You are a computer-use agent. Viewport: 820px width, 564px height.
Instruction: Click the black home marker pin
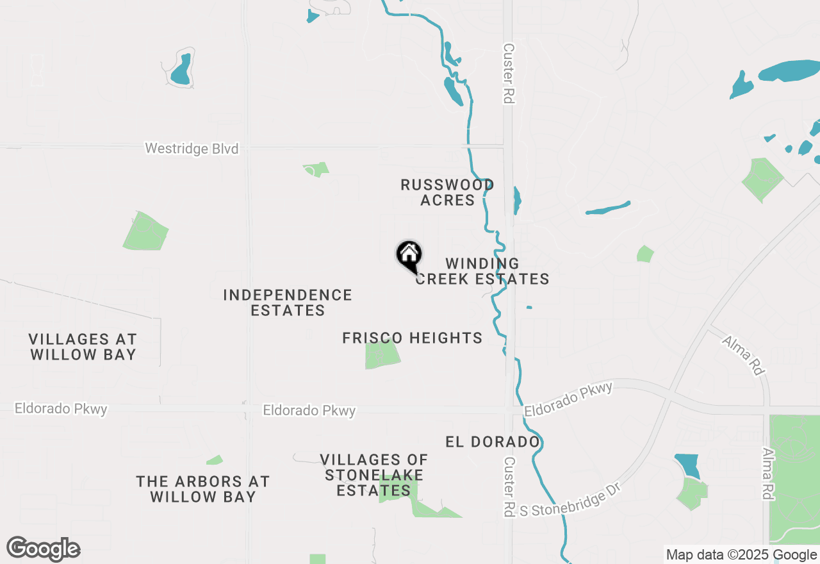click(409, 256)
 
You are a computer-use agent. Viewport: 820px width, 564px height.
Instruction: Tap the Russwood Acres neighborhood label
click(447, 192)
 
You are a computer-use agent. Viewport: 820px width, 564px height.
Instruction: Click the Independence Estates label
click(288, 303)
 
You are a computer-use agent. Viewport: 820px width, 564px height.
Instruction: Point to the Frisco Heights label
click(412, 338)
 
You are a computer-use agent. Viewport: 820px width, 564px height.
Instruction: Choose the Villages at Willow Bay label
click(83, 346)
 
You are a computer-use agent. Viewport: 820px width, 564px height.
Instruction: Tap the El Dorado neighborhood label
click(493, 442)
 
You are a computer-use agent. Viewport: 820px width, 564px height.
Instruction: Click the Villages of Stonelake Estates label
click(374, 475)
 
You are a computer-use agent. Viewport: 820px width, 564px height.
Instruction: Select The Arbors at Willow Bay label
click(203, 488)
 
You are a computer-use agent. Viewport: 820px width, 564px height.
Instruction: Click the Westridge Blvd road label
click(192, 149)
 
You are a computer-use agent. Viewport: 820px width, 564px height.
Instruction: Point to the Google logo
click(44, 549)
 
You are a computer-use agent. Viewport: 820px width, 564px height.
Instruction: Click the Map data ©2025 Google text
click(741, 555)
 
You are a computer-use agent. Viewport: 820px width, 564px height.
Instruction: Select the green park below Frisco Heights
click(382, 355)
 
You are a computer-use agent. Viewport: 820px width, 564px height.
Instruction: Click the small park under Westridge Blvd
click(316, 170)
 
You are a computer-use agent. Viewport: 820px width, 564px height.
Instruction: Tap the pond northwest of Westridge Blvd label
click(181, 69)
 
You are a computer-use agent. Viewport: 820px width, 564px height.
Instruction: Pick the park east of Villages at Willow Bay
click(145, 231)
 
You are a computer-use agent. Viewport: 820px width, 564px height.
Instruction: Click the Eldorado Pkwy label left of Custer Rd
click(309, 410)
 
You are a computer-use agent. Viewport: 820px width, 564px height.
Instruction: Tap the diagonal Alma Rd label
click(744, 354)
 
